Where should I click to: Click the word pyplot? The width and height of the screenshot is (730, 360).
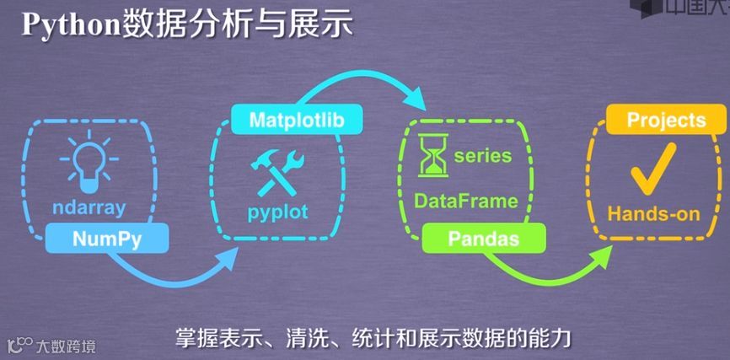[278, 210]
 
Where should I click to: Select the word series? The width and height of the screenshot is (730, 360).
[483, 155]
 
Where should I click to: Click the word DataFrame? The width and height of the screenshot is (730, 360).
[465, 201]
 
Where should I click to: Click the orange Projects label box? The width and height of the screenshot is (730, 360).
[666, 120]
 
